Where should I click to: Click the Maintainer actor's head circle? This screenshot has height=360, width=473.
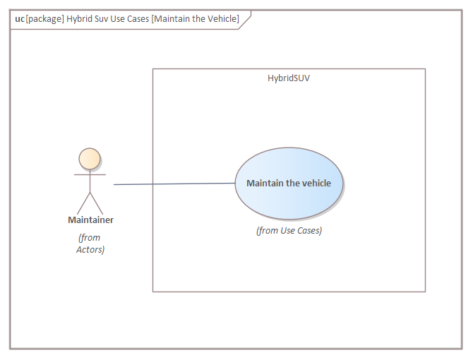[90, 159]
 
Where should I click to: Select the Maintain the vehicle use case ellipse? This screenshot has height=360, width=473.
[289, 184]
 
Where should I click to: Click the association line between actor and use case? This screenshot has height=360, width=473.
[174, 184]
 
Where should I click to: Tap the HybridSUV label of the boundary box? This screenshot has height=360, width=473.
[289, 78]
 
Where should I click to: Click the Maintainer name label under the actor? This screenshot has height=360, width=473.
[90, 220]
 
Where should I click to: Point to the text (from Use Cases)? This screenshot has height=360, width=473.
[289, 231]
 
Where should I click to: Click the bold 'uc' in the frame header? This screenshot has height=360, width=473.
[20, 19]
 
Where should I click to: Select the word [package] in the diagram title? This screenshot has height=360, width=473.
[45, 19]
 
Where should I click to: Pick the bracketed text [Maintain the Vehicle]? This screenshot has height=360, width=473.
[195, 19]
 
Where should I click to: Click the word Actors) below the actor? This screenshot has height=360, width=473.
[90, 250]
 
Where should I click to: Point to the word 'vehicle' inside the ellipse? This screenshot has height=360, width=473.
[317, 183]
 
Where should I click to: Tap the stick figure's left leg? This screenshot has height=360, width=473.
[83, 203]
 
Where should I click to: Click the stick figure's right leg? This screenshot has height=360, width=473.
[97, 203]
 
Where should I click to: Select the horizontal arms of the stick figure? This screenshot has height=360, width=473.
[90, 174]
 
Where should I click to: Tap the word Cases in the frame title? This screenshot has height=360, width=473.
[138, 19]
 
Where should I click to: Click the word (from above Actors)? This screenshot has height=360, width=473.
[89, 238]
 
